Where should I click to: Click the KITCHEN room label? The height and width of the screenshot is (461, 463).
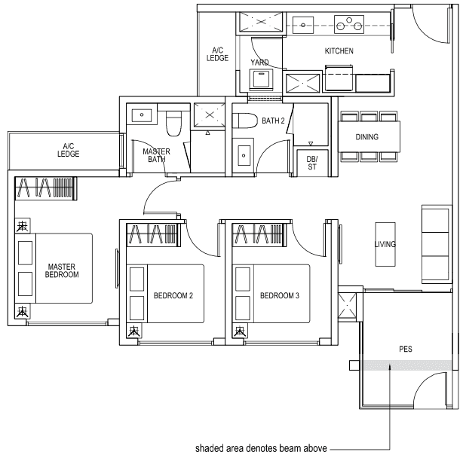(x=339, y=51)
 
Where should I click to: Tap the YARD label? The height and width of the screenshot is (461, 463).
(x=260, y=63)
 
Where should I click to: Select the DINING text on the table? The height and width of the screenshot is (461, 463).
(x=367, y=137)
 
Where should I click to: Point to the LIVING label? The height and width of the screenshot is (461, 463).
(x=385, y=245)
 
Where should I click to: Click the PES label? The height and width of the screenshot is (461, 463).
(x=406, y=350)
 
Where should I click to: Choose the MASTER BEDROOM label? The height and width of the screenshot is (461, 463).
(x=63, y=270)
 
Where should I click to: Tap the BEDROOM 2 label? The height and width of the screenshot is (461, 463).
(x=173, y=295)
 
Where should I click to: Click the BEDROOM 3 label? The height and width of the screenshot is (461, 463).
(x=280, y=295)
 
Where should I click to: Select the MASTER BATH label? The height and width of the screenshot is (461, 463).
(x=156, y=155)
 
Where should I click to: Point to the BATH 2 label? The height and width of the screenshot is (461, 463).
(x=273, y=120)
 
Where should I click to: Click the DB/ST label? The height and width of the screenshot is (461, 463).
(x=311, y=161)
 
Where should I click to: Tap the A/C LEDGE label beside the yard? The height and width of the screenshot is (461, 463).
(x=217, y=54)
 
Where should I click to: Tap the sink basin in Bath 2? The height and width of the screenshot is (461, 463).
(x=244, y=157)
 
